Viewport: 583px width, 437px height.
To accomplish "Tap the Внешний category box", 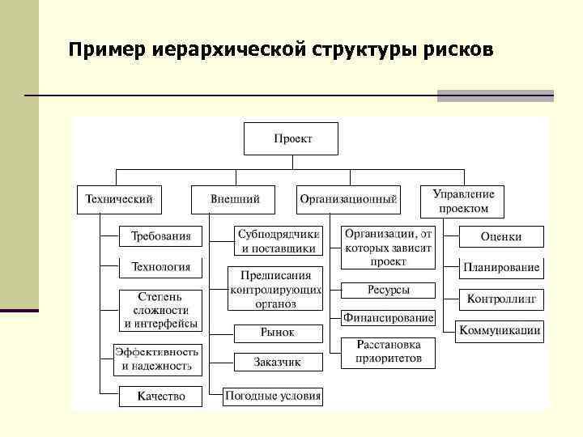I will point(234,199).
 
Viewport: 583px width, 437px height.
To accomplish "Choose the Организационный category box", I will point(348,199).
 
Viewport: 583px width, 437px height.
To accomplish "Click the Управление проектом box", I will point(462,201).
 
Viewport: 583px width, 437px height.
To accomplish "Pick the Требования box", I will point(160,236).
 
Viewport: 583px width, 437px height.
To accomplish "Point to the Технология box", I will point(160,266).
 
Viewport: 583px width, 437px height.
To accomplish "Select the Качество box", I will point(160,396).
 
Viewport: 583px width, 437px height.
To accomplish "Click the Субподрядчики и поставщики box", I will point(279,240).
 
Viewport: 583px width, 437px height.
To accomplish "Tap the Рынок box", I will point(278,333).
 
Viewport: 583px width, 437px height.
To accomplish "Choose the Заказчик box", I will point(278,362).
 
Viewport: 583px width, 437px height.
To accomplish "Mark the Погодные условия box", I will point(273,396).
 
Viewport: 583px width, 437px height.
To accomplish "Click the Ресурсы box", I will point(388,290).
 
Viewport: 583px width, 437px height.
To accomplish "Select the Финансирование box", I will point(388,318).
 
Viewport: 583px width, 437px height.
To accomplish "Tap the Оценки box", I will point(500,236).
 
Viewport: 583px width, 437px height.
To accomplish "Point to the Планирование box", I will point(500,267).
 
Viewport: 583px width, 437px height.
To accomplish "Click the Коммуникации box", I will point(499,330).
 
